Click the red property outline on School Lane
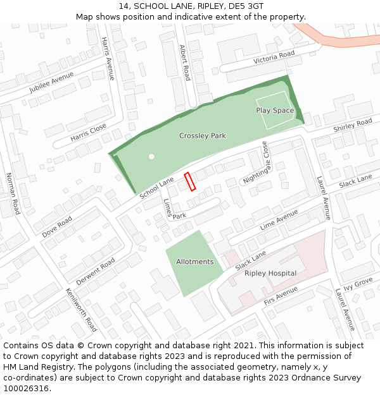(x=189, y=181)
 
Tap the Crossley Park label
(x=202, y=136)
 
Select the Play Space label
(x=275, y=111)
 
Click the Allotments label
(x=194, y=262)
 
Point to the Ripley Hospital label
(x=270, y=274)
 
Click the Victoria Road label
(x=274, y=58)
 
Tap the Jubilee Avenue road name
(x=51, y=83)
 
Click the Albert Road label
(x=184, y=63)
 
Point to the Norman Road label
(x=13, y=193)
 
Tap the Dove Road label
(x=57, y=226)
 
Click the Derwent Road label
(x=96, y=271)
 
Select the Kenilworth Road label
(x=82, y=310)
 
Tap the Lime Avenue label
(x=279, y=219)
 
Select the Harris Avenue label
(x=108, y=58)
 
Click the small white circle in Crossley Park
(x=151, y=156)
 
